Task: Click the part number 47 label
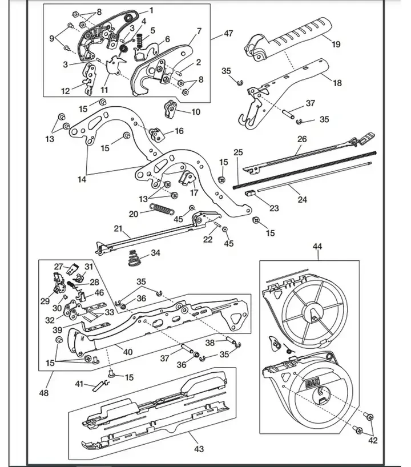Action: point(228,34)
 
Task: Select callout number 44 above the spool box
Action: point(317,247)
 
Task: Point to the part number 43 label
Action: point(198,449)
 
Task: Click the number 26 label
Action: point(302,139)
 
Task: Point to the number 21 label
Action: point(118,228)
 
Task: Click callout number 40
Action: point(128,352)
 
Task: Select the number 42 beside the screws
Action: point(373,440)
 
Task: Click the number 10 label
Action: point(195,112)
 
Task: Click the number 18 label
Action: point(337,83)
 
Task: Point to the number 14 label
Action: point(83,179)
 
